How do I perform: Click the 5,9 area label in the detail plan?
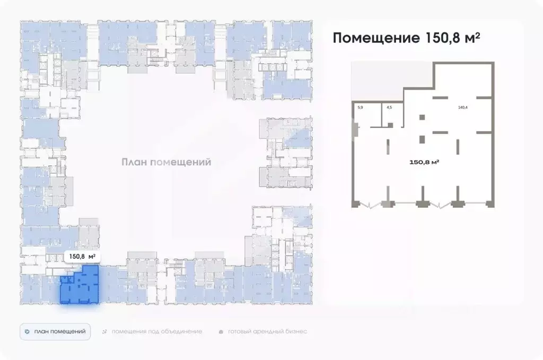point(361,108)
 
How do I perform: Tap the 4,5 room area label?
point(389,108)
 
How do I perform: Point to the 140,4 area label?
point(462,108)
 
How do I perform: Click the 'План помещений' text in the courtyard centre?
point(166,162)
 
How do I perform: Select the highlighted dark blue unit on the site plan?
point(80,287)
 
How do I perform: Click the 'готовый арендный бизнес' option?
point(267,332)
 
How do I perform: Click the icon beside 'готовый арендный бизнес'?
point(221,332)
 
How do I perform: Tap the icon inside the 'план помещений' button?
point(28,332)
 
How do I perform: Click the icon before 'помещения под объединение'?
point(104,332)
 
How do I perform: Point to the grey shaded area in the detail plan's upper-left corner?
point(392,75)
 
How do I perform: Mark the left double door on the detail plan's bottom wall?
point(375,204)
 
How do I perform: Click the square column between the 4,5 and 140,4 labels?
point(422,118)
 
